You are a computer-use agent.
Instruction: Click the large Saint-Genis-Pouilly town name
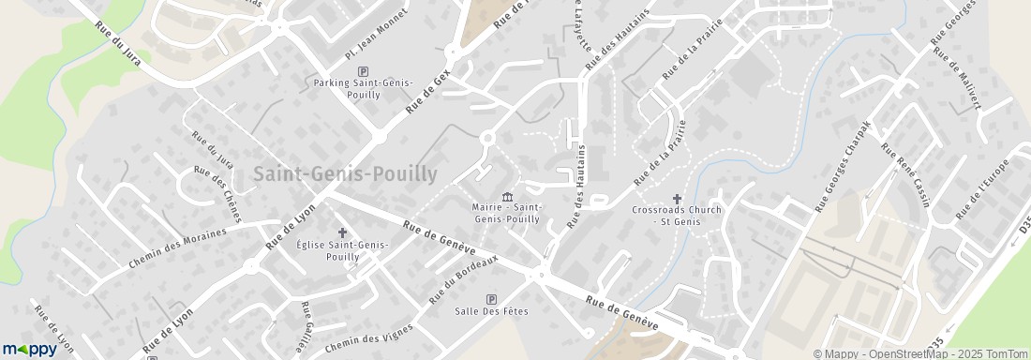[x=345, y=174]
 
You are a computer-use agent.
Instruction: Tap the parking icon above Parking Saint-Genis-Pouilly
[x=364, y=71]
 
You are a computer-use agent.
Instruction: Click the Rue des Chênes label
[x=217, y=193]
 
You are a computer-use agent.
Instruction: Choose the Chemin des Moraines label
[x=178, y=248]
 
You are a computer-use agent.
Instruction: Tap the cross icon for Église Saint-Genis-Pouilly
[x=342, y=232]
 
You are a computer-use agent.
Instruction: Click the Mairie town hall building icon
[x=507, y=196]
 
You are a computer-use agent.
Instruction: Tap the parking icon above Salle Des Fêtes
[x=491, y=299]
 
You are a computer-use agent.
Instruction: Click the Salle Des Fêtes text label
[x=491, y=311]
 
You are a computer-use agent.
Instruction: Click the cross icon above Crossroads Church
[x=677, y=198]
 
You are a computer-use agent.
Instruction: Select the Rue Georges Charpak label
[x=843, y=166]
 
